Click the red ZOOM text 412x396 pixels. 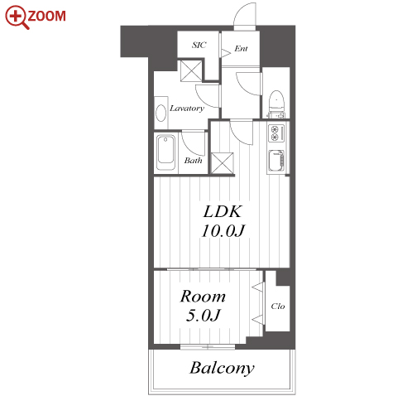click(46, 16)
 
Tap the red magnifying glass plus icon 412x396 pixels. click(17, 17)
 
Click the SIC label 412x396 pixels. click(199, 45)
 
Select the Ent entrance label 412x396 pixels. click(241, 49)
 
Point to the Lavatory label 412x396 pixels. click(187, 108)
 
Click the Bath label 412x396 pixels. click(193, 160)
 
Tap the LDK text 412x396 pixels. click(223, 211)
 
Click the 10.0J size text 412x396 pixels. click(223, 231)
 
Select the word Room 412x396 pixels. click(203, 297)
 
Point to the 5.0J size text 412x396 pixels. click(204, 316)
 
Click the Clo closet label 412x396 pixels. click(278, 306)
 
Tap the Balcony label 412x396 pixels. click(222, 368)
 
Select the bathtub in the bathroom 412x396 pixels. click(165, 152)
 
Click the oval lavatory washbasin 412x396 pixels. click(160, 113)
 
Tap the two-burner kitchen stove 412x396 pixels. click(276, 133)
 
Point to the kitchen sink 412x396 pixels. click(276, 161)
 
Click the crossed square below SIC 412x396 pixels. click(191, 71)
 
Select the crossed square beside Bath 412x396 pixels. click(223, 163)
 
